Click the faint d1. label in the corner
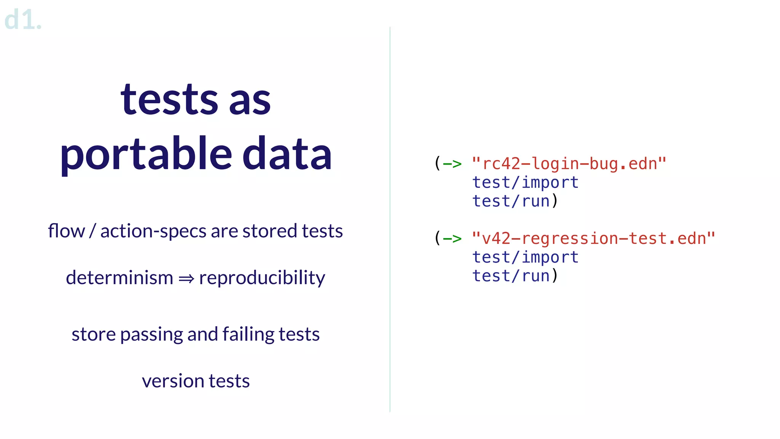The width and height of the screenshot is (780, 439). [22, 20]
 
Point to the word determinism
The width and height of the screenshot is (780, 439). [119, 277]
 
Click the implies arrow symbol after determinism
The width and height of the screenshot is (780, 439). [186, 279]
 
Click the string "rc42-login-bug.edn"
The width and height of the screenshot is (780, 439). [569, 164]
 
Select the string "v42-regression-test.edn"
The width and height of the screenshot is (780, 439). [593, 239]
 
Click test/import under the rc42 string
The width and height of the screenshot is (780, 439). [525, 183]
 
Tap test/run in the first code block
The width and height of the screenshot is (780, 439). [511, 201]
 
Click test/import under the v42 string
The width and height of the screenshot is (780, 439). [525, 257]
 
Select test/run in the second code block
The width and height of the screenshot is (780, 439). [511, 276]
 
